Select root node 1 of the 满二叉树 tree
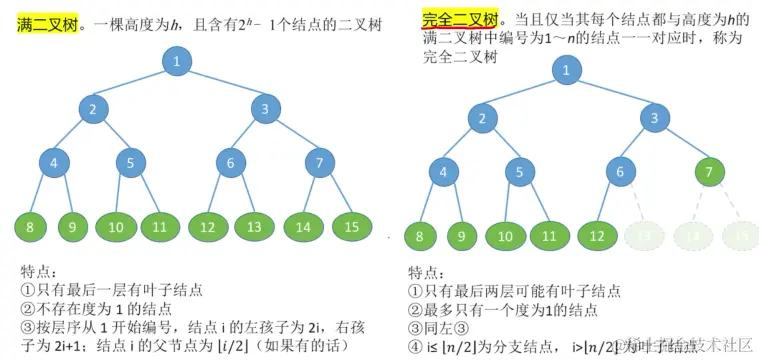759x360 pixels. [x=176, y=63]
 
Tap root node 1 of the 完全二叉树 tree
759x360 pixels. [x=567, y=71]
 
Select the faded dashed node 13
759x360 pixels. [x=643, y=236]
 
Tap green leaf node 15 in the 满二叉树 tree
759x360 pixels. [x=351, y=227]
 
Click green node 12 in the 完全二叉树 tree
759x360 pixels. [x=596, y=236]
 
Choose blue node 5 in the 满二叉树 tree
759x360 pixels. [x=131, y=161]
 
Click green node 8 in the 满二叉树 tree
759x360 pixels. [x=30, y=227]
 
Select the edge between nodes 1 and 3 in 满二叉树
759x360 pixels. [x=221, y=86]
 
